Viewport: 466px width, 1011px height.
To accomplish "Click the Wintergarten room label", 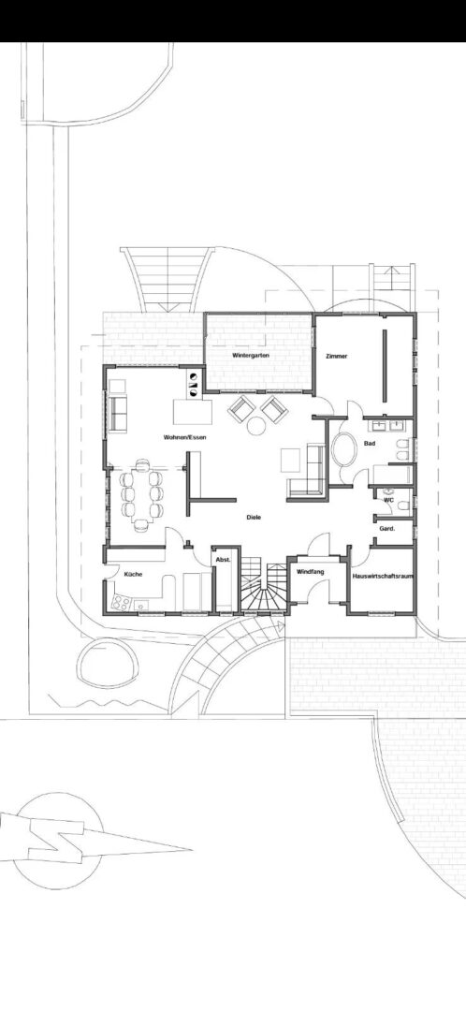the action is coord(251,356).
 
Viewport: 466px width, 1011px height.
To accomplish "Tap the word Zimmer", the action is coord(337,356).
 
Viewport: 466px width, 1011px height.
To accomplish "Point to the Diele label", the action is coord(254,517).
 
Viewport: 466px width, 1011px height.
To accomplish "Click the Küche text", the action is coord(134,574).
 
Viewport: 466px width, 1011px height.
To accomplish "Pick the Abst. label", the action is coord(223,559).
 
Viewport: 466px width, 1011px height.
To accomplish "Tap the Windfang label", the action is coord(310,572).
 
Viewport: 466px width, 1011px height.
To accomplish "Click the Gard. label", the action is coord(387,529).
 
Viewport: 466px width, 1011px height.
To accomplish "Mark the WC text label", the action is coord(388,500).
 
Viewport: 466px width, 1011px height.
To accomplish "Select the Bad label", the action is coord(370,444).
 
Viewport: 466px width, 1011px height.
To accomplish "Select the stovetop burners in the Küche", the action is coord(121,603).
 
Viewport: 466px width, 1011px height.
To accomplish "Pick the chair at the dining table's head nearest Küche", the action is coord(141,525).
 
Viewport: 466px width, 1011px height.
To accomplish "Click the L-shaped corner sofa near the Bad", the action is coord(309,473).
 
